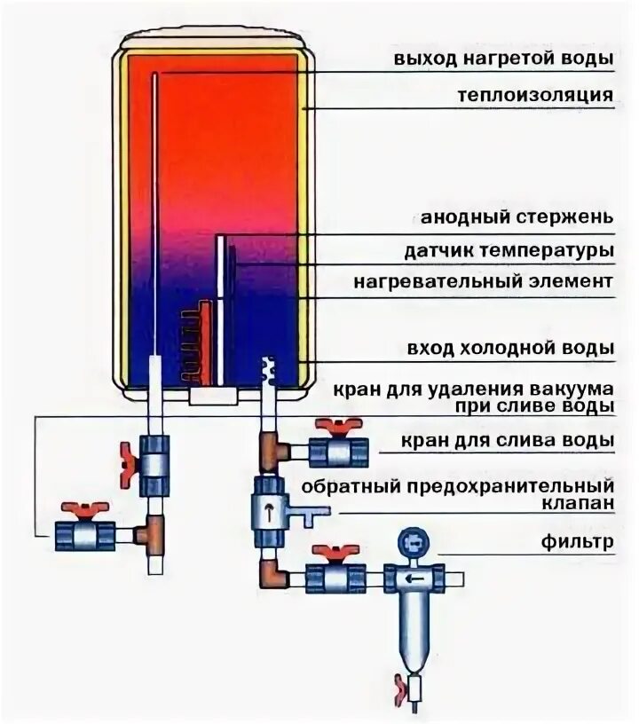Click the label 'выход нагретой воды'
[x=504, y=59]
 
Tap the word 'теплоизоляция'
[x=535, y=95]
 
